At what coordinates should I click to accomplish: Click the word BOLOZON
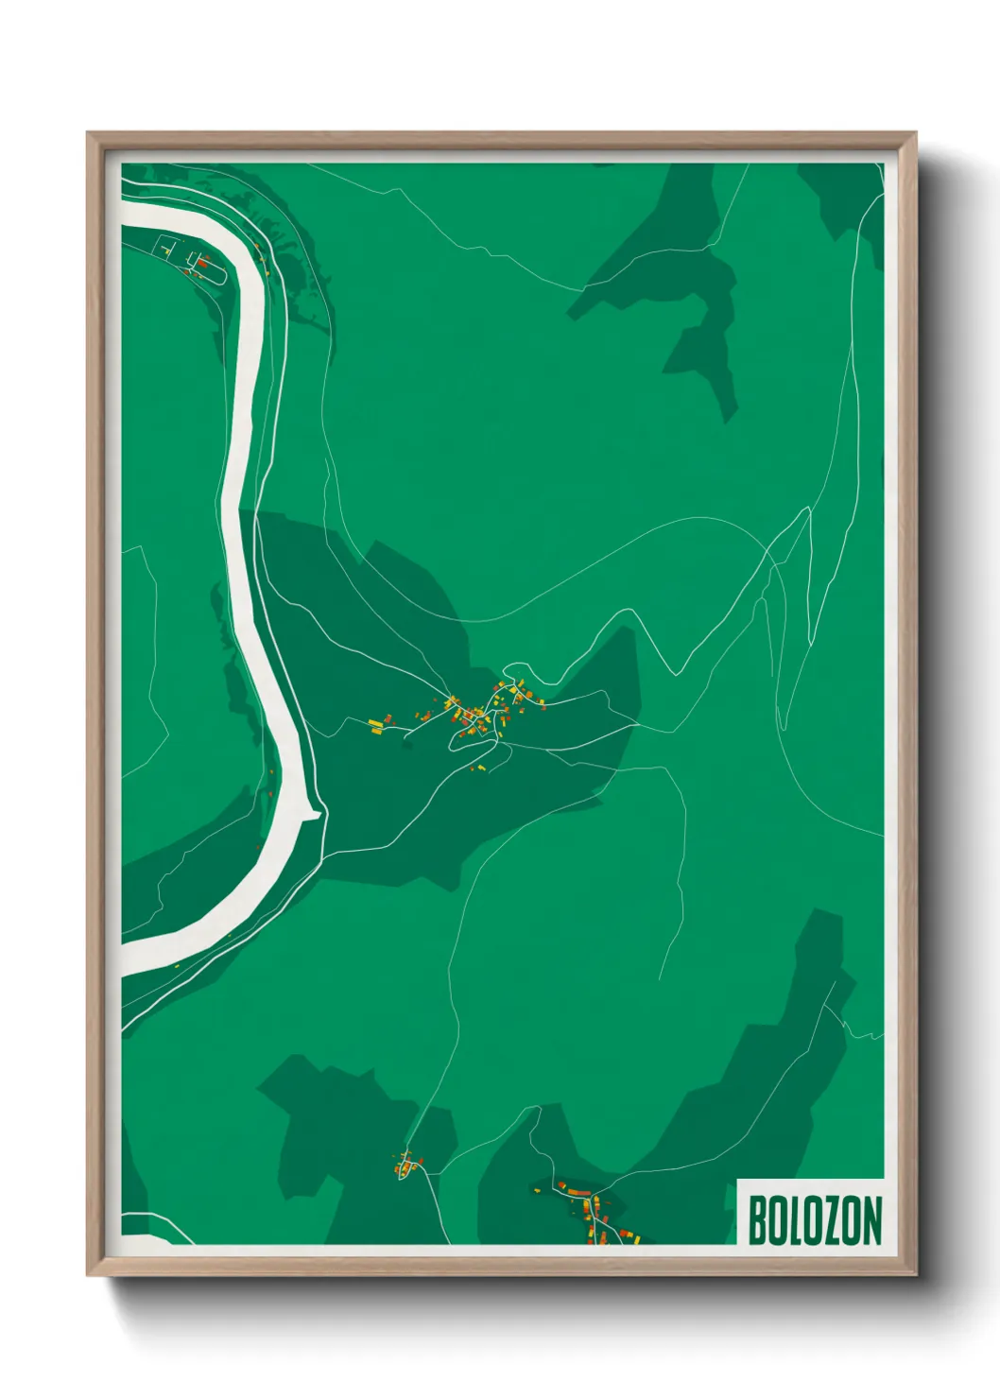click(815, 1220)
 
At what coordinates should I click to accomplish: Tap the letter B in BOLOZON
click(757, 1220)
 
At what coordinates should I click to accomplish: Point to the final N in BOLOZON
click(872, 1220)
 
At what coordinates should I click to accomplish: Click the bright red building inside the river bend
click(201, 261)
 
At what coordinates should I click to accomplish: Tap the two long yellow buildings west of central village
click(379, 724)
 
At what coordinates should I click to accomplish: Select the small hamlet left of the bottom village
click(406, 1165)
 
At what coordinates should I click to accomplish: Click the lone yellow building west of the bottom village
click(536, 1189)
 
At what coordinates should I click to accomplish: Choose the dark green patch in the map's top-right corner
click(841, 194)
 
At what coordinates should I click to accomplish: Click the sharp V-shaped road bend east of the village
click(675, 673)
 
